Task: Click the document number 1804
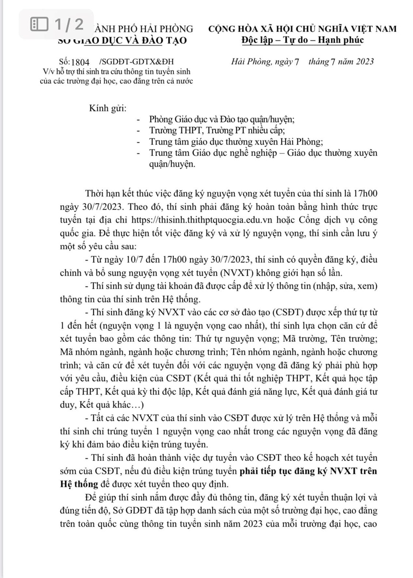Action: [x=80, y=62]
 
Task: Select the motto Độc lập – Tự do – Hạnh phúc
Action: [x=302, y=39]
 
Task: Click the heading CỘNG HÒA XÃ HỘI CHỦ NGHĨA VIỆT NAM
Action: [x=302, y=28]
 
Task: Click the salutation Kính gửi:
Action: [x=107, y=108]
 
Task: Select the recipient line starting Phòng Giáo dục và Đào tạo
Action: [x=221, y=119]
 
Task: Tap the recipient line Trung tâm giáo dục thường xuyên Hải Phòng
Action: [x=236, y=142]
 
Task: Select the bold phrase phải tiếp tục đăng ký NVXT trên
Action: [x=308, y=471]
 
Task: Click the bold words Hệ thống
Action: [x=79, y=484]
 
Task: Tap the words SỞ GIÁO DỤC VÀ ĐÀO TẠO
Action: [x=123, y=40]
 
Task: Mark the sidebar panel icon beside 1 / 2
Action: [x=39, y=24]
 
